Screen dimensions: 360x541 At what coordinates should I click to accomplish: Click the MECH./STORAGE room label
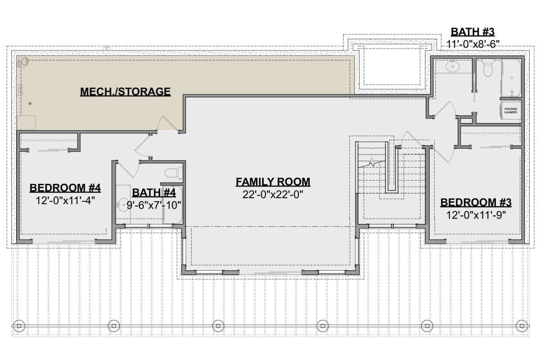point(125,92)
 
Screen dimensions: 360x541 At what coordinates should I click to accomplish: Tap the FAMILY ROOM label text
point(273,182)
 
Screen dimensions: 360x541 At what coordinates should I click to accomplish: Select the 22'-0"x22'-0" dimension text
point(273,195)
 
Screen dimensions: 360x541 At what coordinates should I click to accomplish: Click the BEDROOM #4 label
point(65,187)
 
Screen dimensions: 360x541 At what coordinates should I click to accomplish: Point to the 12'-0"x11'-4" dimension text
point(65,200)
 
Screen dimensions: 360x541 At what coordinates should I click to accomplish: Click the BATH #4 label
point(154,193)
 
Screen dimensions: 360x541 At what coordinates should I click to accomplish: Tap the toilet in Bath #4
point(173,173)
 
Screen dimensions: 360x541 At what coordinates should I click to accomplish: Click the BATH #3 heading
point(473,32)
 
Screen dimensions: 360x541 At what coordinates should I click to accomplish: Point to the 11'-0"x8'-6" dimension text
point(473,44)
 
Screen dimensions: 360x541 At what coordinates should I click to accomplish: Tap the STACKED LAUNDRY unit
point(511,111)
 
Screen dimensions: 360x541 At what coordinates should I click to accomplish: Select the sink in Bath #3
point(451,67)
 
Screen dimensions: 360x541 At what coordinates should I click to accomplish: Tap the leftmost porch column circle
point(19,324)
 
